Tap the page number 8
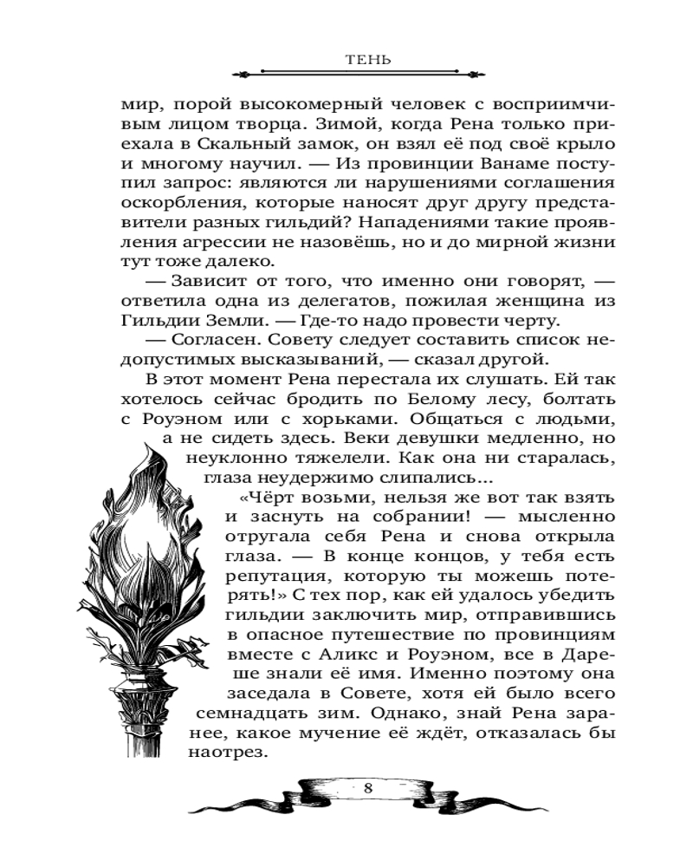point(368,788)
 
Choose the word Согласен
point(206,340)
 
